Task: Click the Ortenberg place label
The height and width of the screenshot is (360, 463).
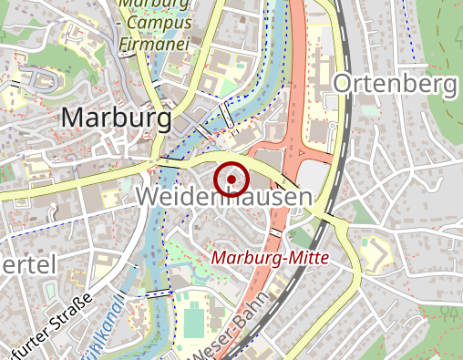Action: pos(396,85)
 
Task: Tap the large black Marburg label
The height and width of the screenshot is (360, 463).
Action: pos(116,118)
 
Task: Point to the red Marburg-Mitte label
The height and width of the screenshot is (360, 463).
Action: pos(269,258)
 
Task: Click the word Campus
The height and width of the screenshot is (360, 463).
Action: pos(159,21)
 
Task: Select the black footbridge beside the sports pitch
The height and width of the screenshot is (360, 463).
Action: pos(160,293)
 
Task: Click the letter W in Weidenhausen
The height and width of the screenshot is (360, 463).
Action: pos(147,196)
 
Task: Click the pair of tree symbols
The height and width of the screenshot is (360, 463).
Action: pos(448,314)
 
